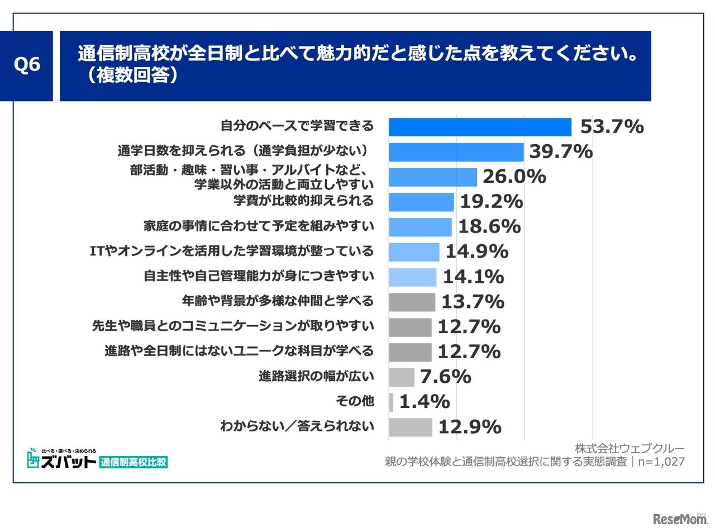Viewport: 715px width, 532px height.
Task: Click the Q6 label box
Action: click(x=27, y=66)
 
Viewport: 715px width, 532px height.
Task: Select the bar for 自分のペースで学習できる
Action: click(x=480, y=127)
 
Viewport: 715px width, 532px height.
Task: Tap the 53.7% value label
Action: click(x=612, y=127)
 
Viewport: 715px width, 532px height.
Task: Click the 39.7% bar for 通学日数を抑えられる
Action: click(x=456, y=152)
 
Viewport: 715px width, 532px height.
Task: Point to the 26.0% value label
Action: click(x=514, y=177)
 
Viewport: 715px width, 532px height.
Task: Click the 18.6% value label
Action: click(x=489, y=227)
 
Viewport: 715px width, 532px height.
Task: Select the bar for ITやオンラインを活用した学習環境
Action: click(x=414, y=252)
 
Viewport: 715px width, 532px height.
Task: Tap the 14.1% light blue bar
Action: click(x=412, y=277)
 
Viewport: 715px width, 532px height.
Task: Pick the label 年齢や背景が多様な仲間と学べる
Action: click(x=278, y=301)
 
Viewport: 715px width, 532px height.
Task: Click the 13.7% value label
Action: click(x=473, y=302)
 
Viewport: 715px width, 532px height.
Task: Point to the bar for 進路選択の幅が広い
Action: click(x=401, y=377)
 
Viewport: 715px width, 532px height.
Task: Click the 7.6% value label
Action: click(x=445, y=377)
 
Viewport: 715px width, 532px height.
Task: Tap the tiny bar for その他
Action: click(x=391, y=402)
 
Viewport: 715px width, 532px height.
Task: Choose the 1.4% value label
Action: click(x=424, y=402)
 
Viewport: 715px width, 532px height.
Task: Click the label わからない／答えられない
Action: click(x=297, y=427)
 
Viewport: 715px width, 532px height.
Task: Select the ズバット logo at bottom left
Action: click(x=61, y=459)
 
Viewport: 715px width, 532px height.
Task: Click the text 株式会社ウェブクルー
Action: click(x=630, y=449)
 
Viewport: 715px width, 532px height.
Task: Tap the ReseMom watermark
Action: click(x=679, y=519)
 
